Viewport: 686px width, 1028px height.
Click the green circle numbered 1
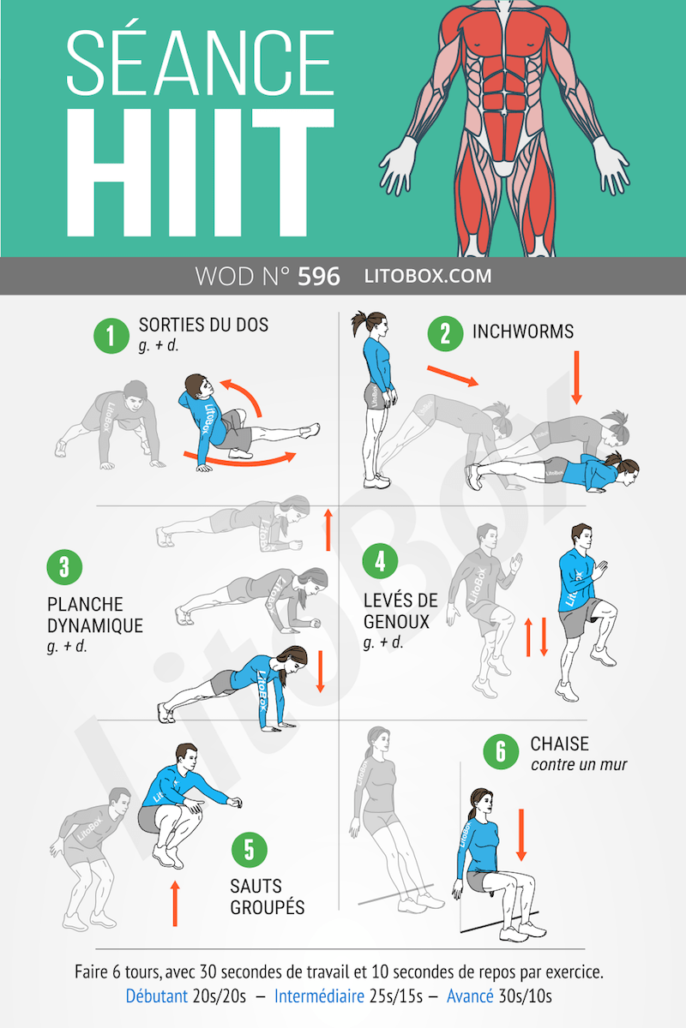point(111,335)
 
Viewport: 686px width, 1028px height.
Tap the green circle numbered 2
point(445,332)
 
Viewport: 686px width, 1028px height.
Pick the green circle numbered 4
point(380,562)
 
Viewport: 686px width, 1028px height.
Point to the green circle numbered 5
point(249,850)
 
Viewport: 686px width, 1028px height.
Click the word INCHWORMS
point(522,332)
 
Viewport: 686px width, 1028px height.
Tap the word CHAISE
point(559,744)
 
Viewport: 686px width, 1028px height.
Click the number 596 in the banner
point(318,277)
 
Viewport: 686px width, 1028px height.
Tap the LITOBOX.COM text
point(428,277)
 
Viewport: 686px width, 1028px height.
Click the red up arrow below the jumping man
point(175,903)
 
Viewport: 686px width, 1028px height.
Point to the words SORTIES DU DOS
point(203,325)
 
